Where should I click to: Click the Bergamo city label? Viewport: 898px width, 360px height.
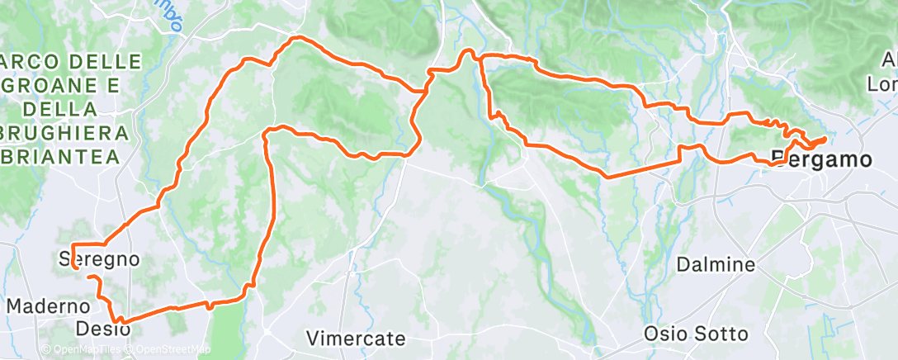point(820,159)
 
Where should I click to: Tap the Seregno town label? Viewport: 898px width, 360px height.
point(97,258)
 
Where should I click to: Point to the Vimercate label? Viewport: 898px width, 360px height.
point(356,338)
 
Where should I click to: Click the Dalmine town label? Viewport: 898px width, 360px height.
point(716,265)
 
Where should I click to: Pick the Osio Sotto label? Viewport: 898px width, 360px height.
point(697,334)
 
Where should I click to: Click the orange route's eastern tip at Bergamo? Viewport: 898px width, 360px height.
point(825,139)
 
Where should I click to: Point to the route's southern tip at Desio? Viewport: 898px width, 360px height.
point(120,321)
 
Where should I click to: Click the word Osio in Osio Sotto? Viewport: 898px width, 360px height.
point(665,334)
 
